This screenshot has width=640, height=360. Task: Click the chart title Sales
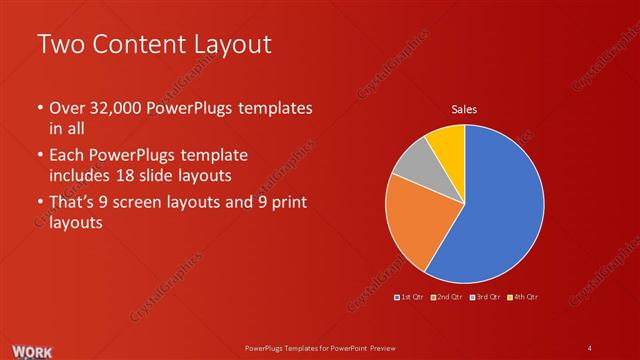tap(464, 109)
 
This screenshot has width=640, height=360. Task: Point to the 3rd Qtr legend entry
tap(487, 297)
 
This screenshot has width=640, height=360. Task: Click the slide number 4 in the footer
tap(590, 347)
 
